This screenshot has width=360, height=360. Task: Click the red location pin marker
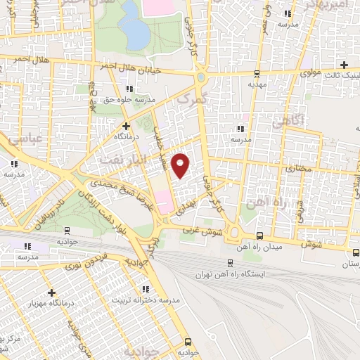[x=181, y=165]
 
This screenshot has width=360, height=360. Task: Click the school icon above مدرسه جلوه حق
[x=129, y=89]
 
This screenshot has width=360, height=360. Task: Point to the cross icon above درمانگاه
[x=126, y=126]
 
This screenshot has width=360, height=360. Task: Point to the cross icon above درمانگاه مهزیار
[x=51, y=292]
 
